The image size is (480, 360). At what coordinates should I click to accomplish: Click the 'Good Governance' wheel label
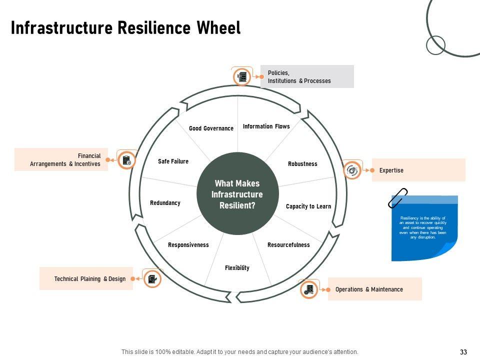(x=211, y=128)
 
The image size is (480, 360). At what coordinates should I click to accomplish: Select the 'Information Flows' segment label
(x=266, y=126)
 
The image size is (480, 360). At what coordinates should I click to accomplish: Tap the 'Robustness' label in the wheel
(x=302, y=164)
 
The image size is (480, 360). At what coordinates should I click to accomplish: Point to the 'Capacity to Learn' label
(x=308, y=206)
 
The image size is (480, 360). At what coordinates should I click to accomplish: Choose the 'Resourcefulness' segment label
(x=288, y=245)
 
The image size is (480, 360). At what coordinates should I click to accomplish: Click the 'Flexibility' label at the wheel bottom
(x=237, y=268)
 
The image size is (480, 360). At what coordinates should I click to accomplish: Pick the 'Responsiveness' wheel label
(x=188, y=245)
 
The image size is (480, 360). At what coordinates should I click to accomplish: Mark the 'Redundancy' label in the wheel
(x=165, y=203)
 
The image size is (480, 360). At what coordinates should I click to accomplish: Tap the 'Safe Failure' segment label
(x=173, y=161)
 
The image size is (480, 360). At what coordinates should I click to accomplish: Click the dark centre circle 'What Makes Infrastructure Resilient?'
(x=237, y=194)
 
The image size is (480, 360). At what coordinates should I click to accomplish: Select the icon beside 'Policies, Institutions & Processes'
(x=242, y=76)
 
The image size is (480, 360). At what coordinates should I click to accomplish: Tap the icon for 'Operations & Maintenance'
(x=309, y=289)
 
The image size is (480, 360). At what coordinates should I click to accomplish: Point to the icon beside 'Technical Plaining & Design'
(x=151, y=279)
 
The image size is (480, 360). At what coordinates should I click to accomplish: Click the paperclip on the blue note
(x=398, y=198)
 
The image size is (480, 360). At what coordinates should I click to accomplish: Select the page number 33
(x=463, y=352)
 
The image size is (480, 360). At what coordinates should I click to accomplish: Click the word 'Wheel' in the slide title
(x=218, y=28)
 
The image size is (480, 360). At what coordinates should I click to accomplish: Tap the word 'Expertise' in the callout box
(x=391, y=170)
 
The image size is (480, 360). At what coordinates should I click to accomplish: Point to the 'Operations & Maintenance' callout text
(x=369, y=289)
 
